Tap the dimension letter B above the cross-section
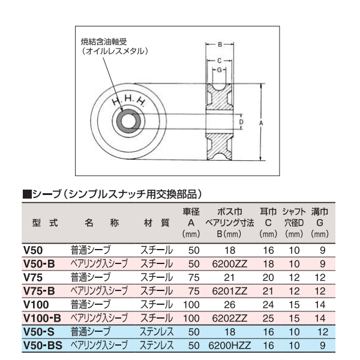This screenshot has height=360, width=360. [220, 45]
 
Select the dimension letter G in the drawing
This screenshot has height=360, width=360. [220, 70]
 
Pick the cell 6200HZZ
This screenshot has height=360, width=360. [229, 345]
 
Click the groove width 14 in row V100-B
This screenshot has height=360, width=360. [321, 317]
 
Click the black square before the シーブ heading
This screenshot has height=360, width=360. [26, 194]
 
